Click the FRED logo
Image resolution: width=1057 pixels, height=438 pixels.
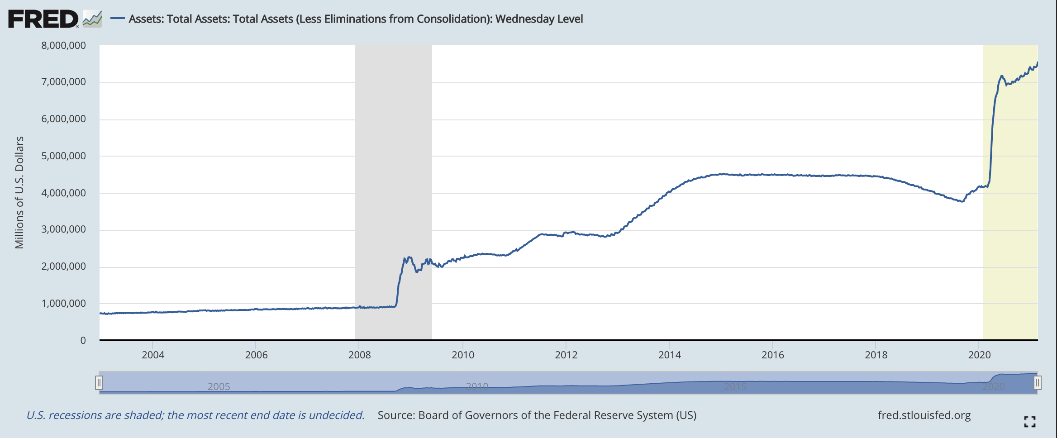(x=43, y=19)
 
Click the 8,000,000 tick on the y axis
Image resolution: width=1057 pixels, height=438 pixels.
(x=64, y=45)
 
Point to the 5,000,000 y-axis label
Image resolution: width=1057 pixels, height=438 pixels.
(x=64, y=156)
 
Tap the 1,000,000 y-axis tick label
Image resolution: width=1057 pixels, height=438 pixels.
(x=64, y=304)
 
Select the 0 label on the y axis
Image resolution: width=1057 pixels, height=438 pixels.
(x=83, y=341)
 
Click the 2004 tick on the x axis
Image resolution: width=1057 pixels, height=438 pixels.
(x=153, y=355)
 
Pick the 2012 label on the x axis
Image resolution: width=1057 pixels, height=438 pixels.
(x=566, y=355)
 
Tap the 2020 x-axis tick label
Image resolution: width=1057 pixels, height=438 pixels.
(x=979, y=355)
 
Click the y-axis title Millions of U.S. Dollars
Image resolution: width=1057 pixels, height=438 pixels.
(x=19, y=192)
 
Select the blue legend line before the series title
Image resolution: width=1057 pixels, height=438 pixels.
(x=118, y=19)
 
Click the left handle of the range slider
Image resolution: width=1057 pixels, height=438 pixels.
(x=99, y=383)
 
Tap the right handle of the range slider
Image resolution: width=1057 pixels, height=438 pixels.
(x=1038, y=383)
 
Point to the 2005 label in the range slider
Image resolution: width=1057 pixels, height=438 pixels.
(x=219, y=387)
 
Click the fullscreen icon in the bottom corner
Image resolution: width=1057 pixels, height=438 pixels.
(x=1030, y=422)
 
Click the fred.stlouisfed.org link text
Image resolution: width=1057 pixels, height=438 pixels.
(x=924, y=415)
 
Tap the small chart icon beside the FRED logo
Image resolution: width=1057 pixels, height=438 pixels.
(x=92, y=19)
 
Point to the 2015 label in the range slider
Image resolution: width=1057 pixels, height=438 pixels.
(x=735, y=387)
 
